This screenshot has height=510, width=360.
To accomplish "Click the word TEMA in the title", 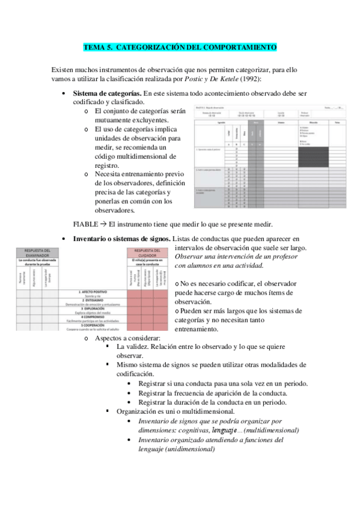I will (94, 46).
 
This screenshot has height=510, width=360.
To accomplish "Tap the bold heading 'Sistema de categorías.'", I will (107, 94).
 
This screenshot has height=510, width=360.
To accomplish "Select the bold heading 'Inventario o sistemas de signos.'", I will (121, 239).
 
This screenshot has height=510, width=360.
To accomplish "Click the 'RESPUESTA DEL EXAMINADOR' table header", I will (37, 253).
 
